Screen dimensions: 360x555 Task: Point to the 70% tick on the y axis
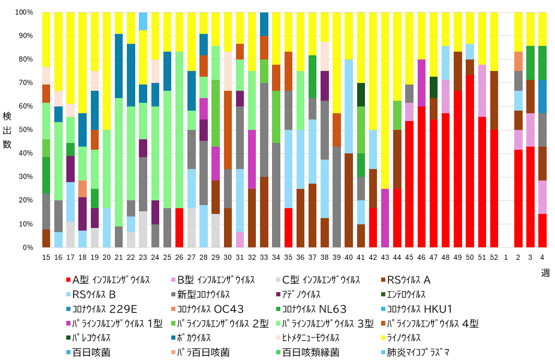[25, 83]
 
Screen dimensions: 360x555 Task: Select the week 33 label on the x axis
[264, 258]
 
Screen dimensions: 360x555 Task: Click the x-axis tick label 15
[46, 258]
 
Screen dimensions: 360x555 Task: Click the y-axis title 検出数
[7, 130]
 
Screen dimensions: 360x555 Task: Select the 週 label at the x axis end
[545, 272]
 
